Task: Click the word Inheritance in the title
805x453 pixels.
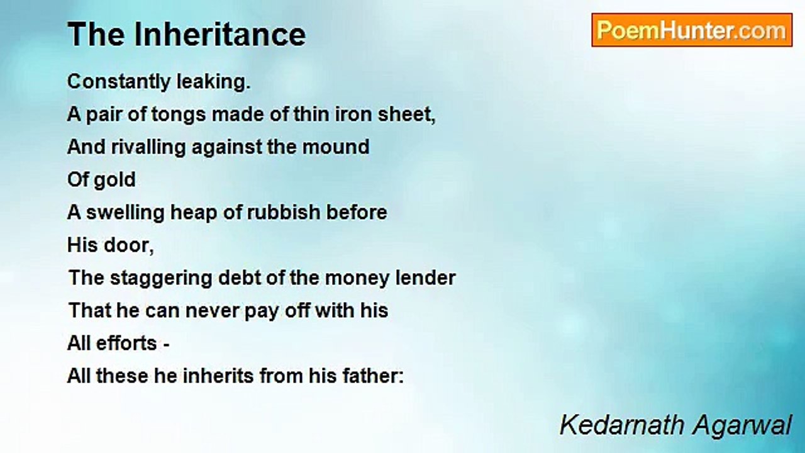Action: coord(220,34)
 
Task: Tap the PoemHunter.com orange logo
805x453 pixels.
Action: coord(692,30)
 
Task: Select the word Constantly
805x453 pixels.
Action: coord(119,82)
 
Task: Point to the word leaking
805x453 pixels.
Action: coord(213,82)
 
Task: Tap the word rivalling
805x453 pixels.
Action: coord(148,147)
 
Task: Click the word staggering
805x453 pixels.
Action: coord(161,279)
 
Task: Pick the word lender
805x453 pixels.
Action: coord(426,278)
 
